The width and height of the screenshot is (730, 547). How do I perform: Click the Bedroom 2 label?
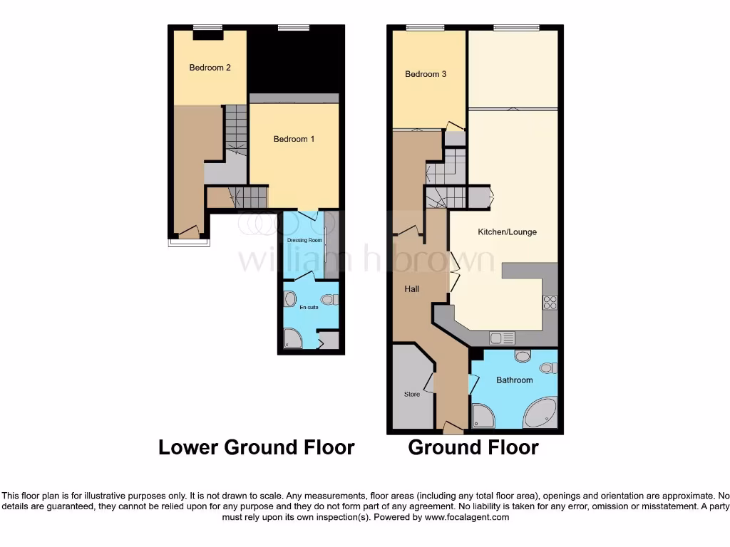pos(210,68)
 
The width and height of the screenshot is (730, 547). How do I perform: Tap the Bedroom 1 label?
pos(294,139)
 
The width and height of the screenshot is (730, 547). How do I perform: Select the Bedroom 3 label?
pos(426,74)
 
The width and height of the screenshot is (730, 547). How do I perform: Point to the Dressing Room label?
pos(302,241)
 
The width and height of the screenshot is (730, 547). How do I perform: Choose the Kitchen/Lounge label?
pos(507,232)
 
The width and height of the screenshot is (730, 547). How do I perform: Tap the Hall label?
pos(411,289)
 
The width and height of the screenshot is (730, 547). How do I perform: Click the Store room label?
pos(412,394)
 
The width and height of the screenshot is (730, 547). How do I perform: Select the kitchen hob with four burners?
pos(550,302)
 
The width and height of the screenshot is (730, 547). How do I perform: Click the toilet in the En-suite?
pos(330,300)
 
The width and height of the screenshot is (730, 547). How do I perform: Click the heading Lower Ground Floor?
pos(256,447)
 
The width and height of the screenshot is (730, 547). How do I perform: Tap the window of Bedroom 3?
pos(426,28)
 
